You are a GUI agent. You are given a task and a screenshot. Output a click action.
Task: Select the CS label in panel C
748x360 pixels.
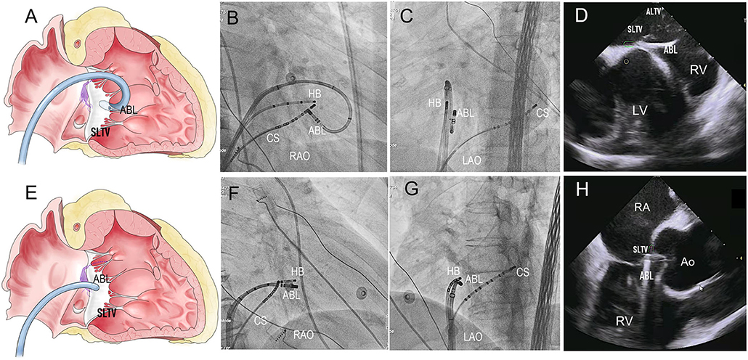point(542,112)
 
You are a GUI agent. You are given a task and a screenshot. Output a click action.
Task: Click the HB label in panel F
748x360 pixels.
point(297,271)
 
